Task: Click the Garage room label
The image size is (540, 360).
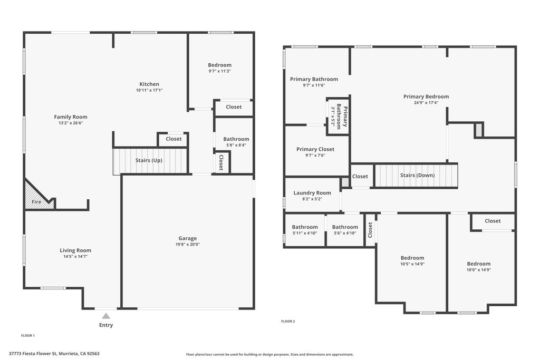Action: (x=188, y=238)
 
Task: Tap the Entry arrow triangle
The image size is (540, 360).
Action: (x=106, y=316)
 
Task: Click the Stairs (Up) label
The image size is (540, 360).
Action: (x=149, y=160)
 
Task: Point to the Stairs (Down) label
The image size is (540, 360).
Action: (x=418, y=176)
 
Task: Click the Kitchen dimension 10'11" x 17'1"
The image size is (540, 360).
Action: (x=149, y=90)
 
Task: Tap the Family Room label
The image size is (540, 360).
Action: (x=71, y=117)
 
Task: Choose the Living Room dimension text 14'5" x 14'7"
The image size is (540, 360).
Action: (x=75, y=256)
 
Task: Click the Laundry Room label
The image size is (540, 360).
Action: (x=312, y=193)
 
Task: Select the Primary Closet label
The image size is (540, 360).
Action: (x=315, y=149)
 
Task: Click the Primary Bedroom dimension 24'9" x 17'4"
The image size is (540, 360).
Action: (x=426, y=103)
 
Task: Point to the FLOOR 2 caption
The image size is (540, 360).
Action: (x=288, y=322)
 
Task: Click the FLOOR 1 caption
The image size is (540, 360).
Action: (x=28, y=336)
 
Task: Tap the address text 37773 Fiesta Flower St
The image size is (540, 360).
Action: (x=33, y=354)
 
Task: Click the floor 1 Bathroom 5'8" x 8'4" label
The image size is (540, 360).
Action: (x=236, y=139)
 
